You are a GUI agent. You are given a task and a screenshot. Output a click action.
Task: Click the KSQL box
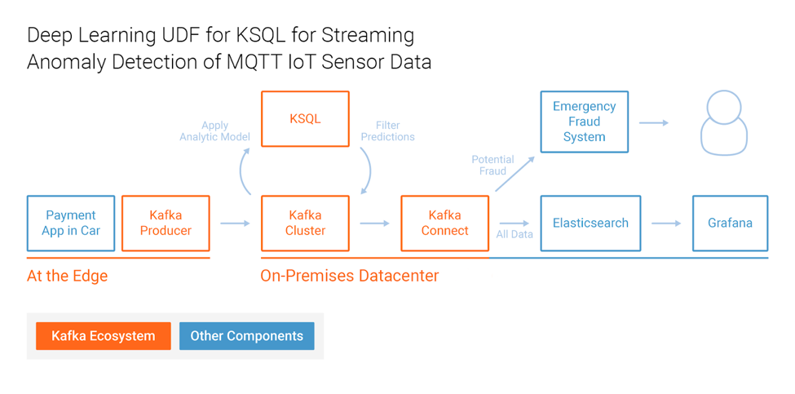(305, 119)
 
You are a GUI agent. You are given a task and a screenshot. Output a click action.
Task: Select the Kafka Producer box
(166, 224)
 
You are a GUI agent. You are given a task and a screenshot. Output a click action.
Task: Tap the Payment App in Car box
(71, 224)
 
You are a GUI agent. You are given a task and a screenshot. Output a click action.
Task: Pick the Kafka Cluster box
(305, 224)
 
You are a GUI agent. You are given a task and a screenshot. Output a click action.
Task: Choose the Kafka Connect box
(445, 224)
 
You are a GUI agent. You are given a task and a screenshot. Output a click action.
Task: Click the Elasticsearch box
(584, 224)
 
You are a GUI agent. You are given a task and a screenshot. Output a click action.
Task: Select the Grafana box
(731, 224)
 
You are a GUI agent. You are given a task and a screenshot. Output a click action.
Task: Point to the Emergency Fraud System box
(584, 122)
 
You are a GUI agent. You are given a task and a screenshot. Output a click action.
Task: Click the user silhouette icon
(724, 123)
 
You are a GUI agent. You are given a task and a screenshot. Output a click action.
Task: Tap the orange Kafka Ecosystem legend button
(104, 336)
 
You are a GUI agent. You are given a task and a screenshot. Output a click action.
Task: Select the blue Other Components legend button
(247, 336)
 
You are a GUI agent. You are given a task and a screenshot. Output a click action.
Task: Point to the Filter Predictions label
(388, 131)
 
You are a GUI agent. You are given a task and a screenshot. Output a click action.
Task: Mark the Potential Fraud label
(492, 166)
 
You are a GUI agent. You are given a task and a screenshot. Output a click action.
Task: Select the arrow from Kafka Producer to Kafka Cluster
(236, 224)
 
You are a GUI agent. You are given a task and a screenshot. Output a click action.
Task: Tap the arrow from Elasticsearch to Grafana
(666, 224)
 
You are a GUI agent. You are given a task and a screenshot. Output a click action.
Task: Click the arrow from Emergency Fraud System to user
(654, 122)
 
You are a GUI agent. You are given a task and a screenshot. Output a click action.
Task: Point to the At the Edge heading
(68, 276)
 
